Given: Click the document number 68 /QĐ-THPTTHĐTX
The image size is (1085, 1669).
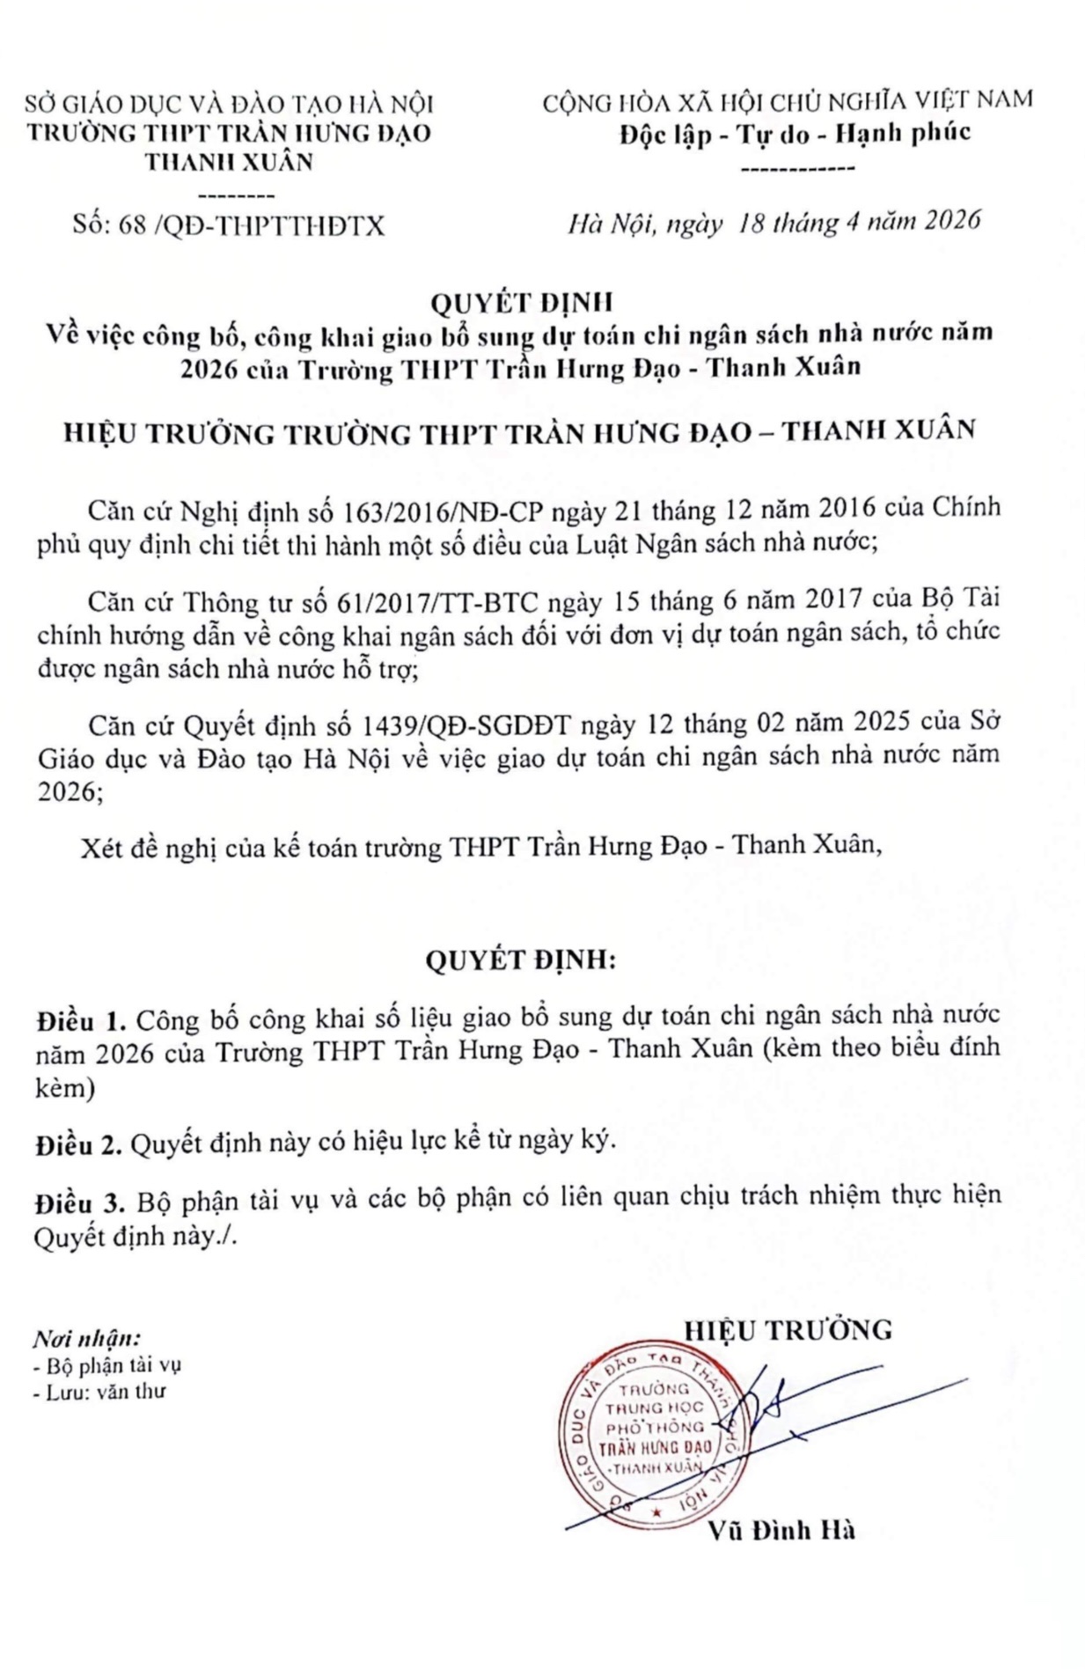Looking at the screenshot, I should (x=229, y=226).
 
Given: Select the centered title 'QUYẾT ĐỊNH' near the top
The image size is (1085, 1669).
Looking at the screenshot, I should (x=521, y=302).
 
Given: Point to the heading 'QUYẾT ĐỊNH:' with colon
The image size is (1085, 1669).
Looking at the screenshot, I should (x=521, y=959).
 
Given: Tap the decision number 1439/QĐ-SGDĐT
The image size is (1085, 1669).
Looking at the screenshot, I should (x=466, y=725).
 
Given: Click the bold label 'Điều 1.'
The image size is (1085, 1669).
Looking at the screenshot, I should (x=81, y=1021).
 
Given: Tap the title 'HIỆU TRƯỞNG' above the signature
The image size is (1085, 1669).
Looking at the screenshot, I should (x=788, y=1330).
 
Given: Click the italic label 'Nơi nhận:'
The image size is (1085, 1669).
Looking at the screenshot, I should (x=86, y=1340).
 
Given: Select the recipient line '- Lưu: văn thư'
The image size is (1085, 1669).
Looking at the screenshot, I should (x=99, y=1392).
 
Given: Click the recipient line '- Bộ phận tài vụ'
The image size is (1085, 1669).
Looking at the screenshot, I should (x=106, y=1366).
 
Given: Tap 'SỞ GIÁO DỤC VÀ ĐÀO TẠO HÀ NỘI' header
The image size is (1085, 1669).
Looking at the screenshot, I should (x=229, y=104).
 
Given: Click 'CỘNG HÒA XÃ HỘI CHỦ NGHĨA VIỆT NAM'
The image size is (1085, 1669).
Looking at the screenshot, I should (x=787, y=100).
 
